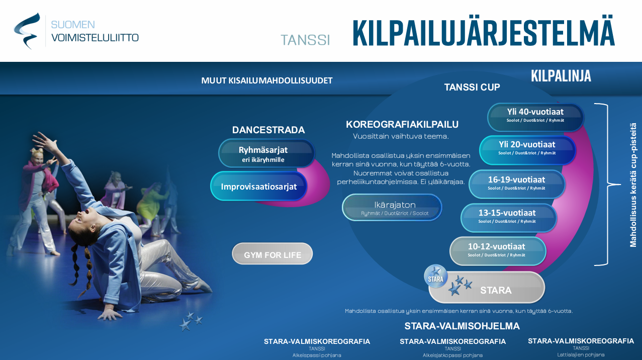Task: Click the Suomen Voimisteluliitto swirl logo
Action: point(27,31)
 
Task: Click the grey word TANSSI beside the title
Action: point(305,40)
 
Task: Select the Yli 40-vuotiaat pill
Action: point(535,117)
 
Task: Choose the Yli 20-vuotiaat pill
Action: point(527,150)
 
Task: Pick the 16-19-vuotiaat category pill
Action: point(517,184)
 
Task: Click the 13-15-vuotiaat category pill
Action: point(508,218)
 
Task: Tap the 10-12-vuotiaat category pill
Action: point(498,251)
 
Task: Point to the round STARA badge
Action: point(436,277)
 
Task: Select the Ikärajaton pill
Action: point(392,208)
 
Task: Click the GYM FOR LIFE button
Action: point(272,254)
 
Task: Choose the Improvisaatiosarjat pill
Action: point(258,186)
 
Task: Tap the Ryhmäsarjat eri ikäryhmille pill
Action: point(266,153)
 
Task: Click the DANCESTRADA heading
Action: point(268,130)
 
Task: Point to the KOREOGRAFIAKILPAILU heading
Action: point(402,124)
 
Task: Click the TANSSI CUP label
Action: point(472,87)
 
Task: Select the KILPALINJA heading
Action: point(561,76)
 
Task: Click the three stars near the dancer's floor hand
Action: point(191,321)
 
